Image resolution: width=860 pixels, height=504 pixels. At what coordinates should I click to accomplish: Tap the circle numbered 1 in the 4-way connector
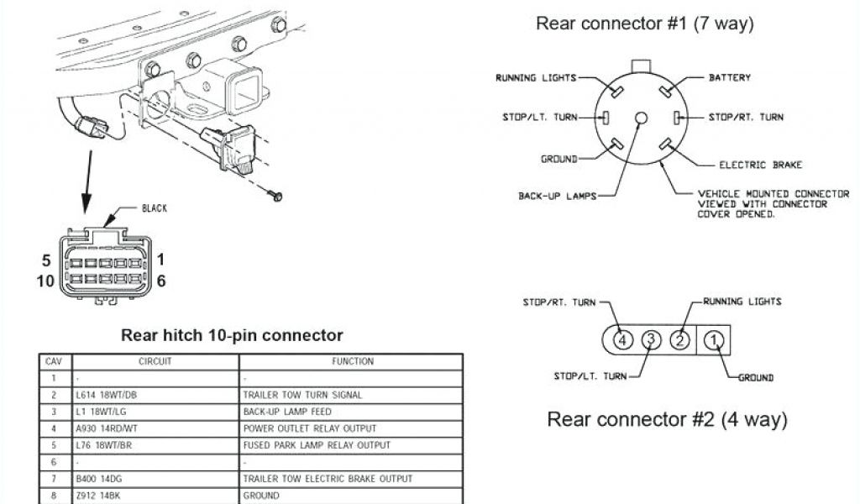pyautogui.click(x=713, y=340)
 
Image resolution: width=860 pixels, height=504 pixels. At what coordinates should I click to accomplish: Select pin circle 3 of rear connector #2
pyautogui.click(x=651, y=340)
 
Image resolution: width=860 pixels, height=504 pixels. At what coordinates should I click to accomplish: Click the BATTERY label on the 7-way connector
pyautogui.click(x=730, y=78)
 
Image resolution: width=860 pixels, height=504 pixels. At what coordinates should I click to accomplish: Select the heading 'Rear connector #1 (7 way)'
pyautogui.click(x=645, y=24)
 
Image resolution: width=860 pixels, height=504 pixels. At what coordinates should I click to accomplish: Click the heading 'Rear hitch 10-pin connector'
pyautogui.click(x=233, y=335)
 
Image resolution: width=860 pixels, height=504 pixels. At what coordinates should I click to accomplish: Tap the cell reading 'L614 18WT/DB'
pyautogui.click(x=110, y=395)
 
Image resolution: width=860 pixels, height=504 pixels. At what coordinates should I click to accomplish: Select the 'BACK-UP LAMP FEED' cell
pyautogui.click(x=287, y=412)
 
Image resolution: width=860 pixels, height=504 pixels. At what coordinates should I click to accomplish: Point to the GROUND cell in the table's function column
pyautogui.click(x=261, y=496)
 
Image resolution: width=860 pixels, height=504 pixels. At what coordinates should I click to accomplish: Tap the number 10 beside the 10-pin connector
pyautogui.click(x=46, y=281)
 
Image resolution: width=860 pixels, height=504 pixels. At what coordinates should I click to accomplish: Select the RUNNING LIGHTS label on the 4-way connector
pyautogui.click(x=742, y=301)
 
